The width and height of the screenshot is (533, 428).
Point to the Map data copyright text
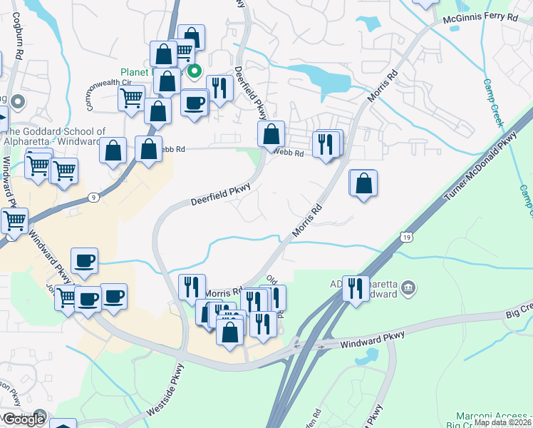[502, 422]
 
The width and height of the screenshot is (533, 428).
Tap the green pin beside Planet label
[194, 71]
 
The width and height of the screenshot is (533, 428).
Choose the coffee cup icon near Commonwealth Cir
[194, 103]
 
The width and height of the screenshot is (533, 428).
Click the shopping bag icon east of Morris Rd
[363, 183]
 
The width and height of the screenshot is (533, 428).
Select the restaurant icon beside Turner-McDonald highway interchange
[356, 288]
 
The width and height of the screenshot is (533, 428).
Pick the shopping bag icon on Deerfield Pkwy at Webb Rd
[271, 133]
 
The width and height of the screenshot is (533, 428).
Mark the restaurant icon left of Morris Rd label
[191, 287]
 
